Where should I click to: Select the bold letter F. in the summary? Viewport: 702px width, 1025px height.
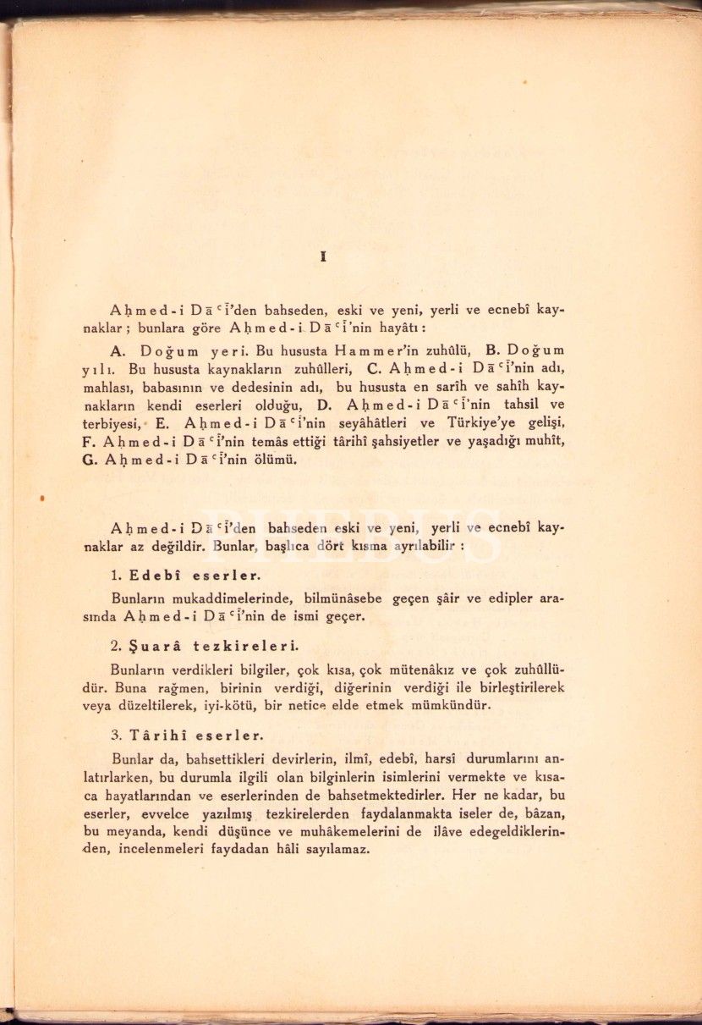tap(87, 443)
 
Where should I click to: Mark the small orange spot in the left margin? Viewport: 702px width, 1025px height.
tap(41, 500)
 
